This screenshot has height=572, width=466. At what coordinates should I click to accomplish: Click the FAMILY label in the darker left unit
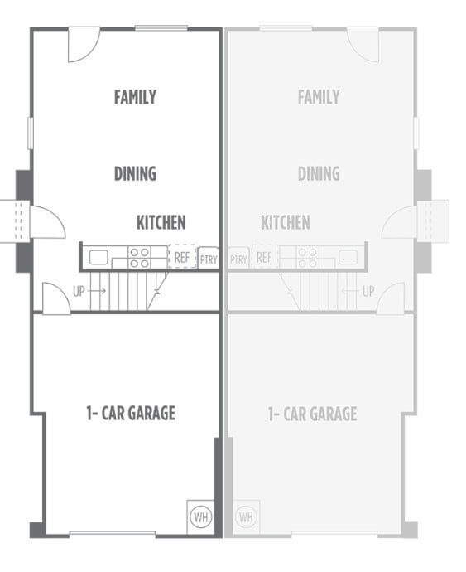tap(135, 97)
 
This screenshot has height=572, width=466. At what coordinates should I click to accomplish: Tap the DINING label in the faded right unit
tap(319, 173)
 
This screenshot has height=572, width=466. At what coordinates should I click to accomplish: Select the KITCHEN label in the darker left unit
tap(161, 222)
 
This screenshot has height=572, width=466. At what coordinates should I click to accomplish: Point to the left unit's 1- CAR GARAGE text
tap(131, 413)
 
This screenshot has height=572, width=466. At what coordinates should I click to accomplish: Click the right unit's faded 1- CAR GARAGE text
tap(312, 413)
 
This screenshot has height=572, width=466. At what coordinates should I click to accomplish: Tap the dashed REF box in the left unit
tap(182, 257)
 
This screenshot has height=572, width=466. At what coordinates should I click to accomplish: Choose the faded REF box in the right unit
tap(264, 257)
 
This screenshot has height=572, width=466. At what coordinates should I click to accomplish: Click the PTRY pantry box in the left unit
tap(209, 259)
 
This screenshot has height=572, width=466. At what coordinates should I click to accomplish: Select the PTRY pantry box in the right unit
tap(238, 259)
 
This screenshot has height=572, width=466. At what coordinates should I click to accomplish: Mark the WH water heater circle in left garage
tap(200, 516)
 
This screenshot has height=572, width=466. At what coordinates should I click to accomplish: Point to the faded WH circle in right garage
tap(246, 516)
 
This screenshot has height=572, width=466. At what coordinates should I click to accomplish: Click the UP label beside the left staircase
tap(79, 291)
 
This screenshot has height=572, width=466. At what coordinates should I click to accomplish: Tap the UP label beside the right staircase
tap(368, 291)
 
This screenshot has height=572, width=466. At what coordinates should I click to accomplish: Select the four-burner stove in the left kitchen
tap(139, 257)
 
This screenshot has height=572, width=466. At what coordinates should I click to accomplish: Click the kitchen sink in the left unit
tap(98, 257)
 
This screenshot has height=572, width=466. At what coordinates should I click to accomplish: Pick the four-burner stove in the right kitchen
tap(307, 257)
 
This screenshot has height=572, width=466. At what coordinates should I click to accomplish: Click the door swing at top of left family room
tap(82, 43)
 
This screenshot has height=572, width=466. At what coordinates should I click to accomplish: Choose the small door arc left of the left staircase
tap(55, 299)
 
